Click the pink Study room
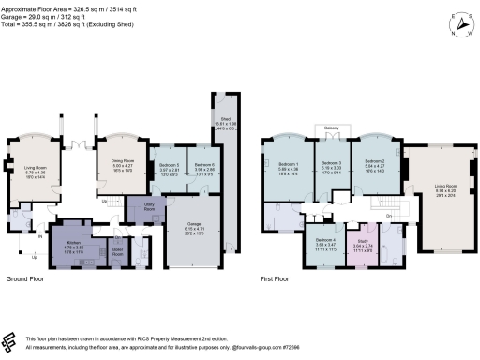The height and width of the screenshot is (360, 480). pyautogui.click(x=362, y=249)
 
